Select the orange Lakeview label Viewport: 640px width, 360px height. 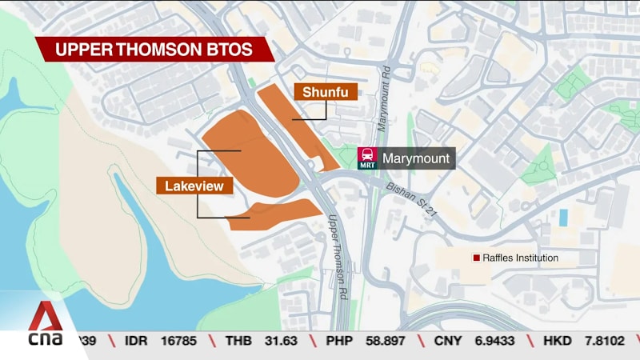click(194, 186)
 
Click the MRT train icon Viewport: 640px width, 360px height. click(368, 158)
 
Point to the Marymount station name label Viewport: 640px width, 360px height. click(416, 158)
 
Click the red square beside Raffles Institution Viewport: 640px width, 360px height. click(476, 258)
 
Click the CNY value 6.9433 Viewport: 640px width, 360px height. click(498, 341)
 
